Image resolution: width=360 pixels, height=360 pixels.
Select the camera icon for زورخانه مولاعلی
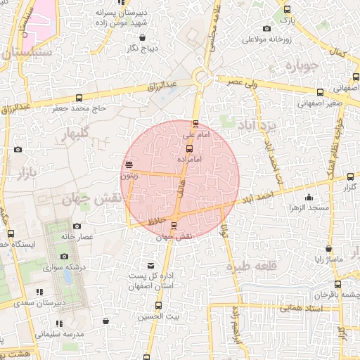point(267,29)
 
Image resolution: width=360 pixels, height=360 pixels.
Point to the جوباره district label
point(303,66)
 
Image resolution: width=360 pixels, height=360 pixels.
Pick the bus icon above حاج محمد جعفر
point(79,98)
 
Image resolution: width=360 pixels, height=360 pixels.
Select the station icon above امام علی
point(195,123)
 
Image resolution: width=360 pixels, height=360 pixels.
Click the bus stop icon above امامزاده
point(189,148)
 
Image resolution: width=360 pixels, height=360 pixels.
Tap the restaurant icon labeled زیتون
point(129,165)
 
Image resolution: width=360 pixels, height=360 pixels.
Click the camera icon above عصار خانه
point(76,226)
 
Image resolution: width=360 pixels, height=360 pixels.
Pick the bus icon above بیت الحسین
point(158,305)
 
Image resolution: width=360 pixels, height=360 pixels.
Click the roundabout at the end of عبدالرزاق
point(203,77)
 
